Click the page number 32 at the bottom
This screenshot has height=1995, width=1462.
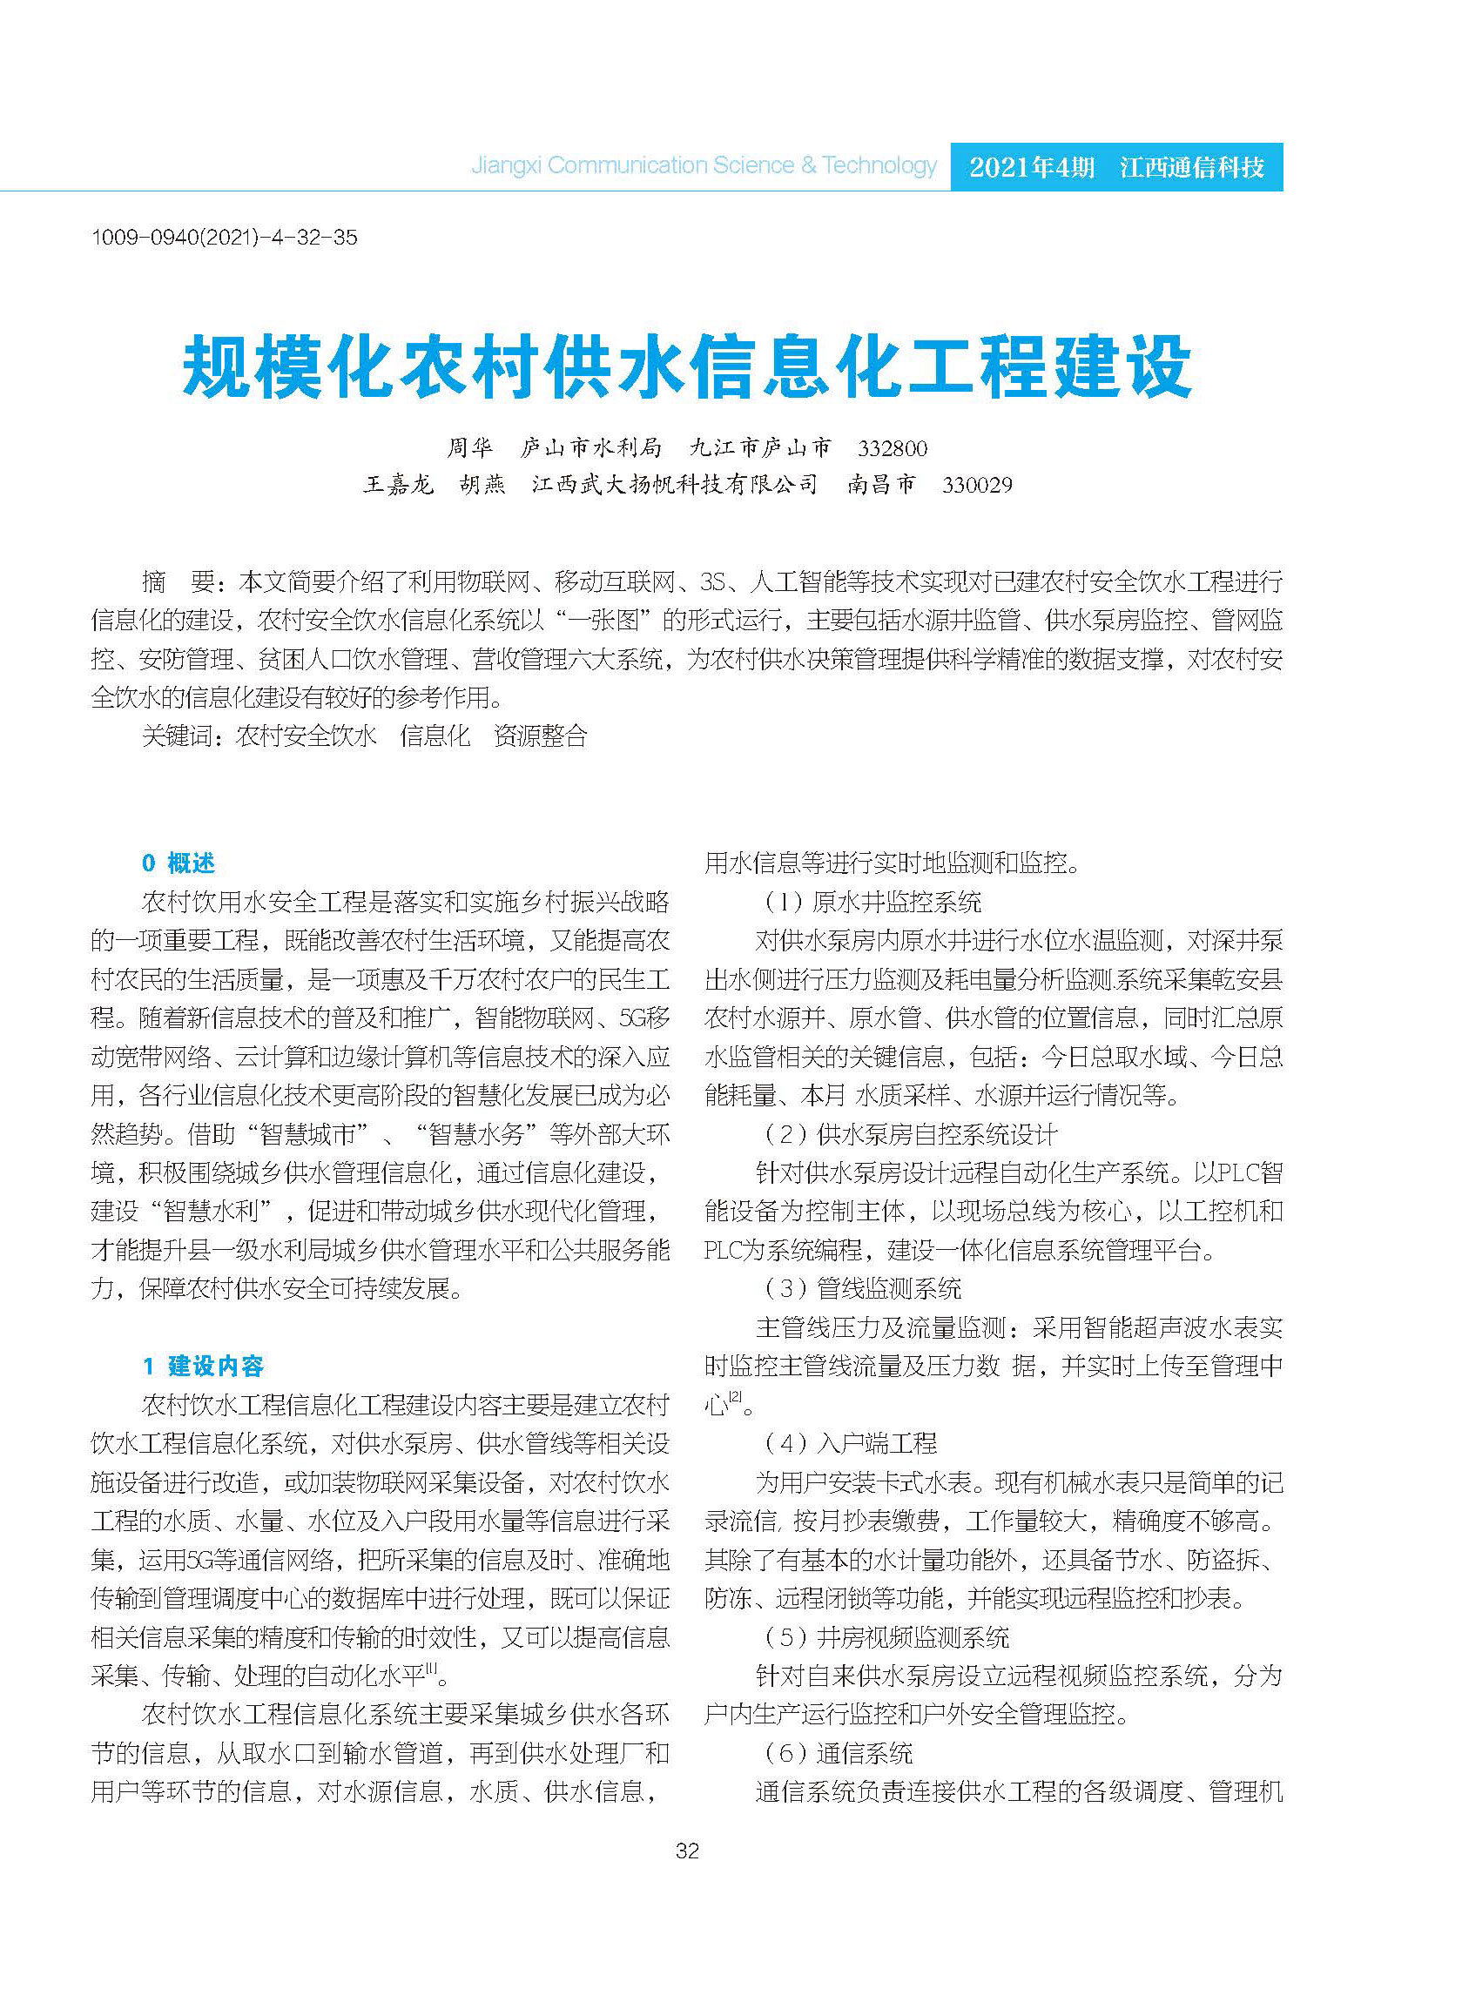point(687,1850)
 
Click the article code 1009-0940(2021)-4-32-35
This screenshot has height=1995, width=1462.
point(224,237)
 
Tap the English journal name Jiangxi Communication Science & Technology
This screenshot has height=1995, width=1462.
point(704,165)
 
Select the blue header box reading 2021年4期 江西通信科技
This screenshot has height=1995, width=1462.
point(1116,166)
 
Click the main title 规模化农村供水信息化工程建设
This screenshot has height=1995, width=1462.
point(687,366)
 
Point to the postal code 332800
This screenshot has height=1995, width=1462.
point(892,448)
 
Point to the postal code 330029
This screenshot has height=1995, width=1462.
point(976,485)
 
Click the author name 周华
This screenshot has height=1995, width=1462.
point(469,447)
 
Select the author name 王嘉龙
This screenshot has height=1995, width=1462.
point(398,485)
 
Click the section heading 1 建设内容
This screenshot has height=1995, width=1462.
point(204,1366)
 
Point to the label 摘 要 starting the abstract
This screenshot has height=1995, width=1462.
point(178,582)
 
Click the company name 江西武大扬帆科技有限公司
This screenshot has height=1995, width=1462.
point(674,485)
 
